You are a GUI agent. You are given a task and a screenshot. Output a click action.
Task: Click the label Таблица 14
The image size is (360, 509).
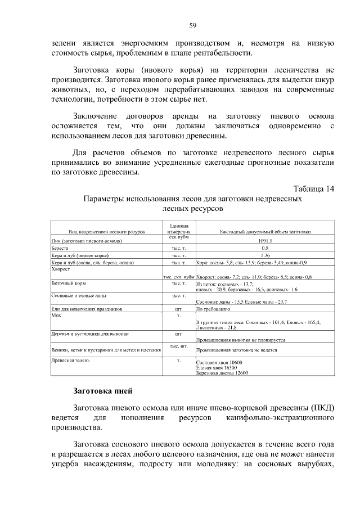click(314, 188)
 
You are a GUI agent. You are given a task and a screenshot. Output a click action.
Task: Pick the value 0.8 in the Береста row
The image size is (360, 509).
click(265, 248)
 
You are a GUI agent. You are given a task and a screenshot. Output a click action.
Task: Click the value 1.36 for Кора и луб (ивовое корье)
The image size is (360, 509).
click(265, 255)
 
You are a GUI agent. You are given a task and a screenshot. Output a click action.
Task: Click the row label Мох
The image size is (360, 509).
click(55, 316)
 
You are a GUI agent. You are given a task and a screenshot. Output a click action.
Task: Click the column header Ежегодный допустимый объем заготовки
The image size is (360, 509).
click(265, 231)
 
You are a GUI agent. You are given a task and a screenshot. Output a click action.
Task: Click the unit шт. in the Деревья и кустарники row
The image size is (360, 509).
click(178, 334)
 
